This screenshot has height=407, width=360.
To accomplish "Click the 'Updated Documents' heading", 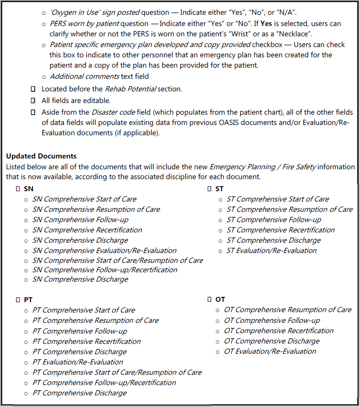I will pyautogui.click(x=41, y=156).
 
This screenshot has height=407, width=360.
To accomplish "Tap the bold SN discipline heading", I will pyautogui.click(x=28, y=189).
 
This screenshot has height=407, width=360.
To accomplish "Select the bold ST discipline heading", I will pyautogui.click(x=219, y=189).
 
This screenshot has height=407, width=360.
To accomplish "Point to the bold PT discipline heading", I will pyautogui.click(x=28, y=300).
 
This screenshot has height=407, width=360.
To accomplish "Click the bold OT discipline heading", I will pyautogui.click(x=220, y=299).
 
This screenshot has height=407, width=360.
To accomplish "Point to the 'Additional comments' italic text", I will pyautogui.click(x=85, y=77).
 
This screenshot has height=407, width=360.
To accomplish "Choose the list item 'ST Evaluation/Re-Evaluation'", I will pyautogui.click(x=271, y=251).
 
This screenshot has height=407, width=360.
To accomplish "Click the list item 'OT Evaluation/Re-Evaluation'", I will pyautogui.click(x=270, y=351).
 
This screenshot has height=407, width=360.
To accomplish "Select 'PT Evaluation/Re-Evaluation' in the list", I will pyautogui.click(x=77, y=362).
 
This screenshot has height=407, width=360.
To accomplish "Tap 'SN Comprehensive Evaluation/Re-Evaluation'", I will pyautogui.click(x=104, y=251).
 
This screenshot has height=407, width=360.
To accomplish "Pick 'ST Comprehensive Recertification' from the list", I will pyautogui.click(x=280, y=230).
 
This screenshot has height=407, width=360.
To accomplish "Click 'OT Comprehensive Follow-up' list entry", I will pyautogui.click(x=272, y=320).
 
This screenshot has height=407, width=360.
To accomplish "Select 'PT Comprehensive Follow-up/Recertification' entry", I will pyautogui.click(x=104, y=382).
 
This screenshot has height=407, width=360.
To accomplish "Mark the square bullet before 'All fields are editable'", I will pyautogui.click(x=33, y=101).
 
